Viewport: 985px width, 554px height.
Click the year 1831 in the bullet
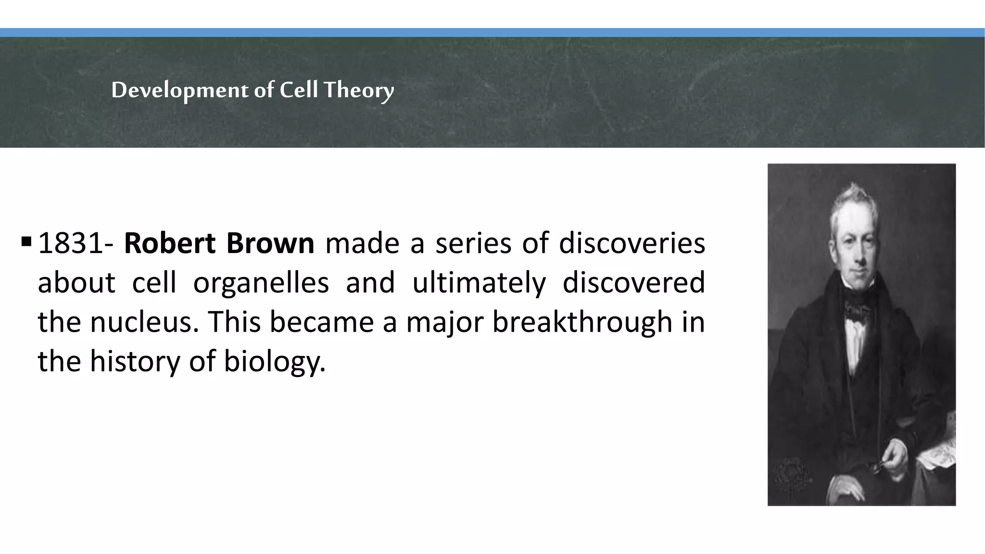point(70,244)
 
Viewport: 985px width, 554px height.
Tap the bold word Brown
point(270,244)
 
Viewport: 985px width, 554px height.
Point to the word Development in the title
point(180,90)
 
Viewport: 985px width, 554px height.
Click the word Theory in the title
point(358,90)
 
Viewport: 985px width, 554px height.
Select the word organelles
point(261,283)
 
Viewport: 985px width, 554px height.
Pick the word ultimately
point(479,283)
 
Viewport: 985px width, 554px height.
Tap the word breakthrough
point(581,322)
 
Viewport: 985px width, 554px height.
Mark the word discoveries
point(632,244)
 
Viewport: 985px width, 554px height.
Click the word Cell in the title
point(299,90)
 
